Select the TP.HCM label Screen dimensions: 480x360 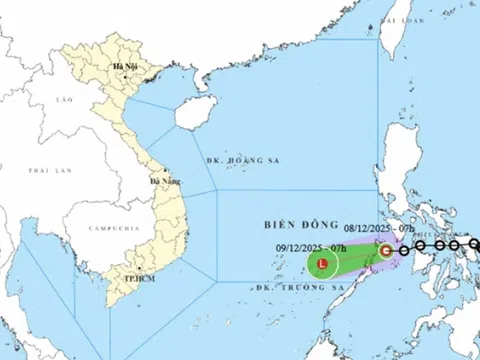click(x=125, y=274)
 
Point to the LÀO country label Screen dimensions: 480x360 click(x=67, y=100)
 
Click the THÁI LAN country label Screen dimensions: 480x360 click(x=27, y=171)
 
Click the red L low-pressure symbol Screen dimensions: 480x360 click(x=321, y=265)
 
